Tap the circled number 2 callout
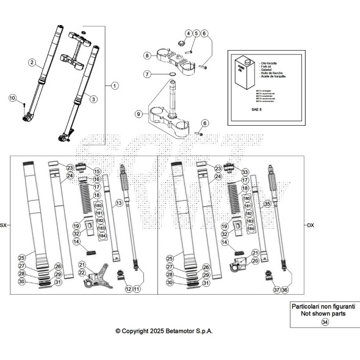pos(32,62)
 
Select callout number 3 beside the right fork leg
pos(93,98)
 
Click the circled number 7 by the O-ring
pos(148,74)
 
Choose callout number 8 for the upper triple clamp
pos(147,56)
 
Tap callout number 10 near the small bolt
pos(12,98)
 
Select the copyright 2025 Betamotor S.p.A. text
pos(164,330)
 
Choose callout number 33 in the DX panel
pos(246,172)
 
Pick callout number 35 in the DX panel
pos(266,206)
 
